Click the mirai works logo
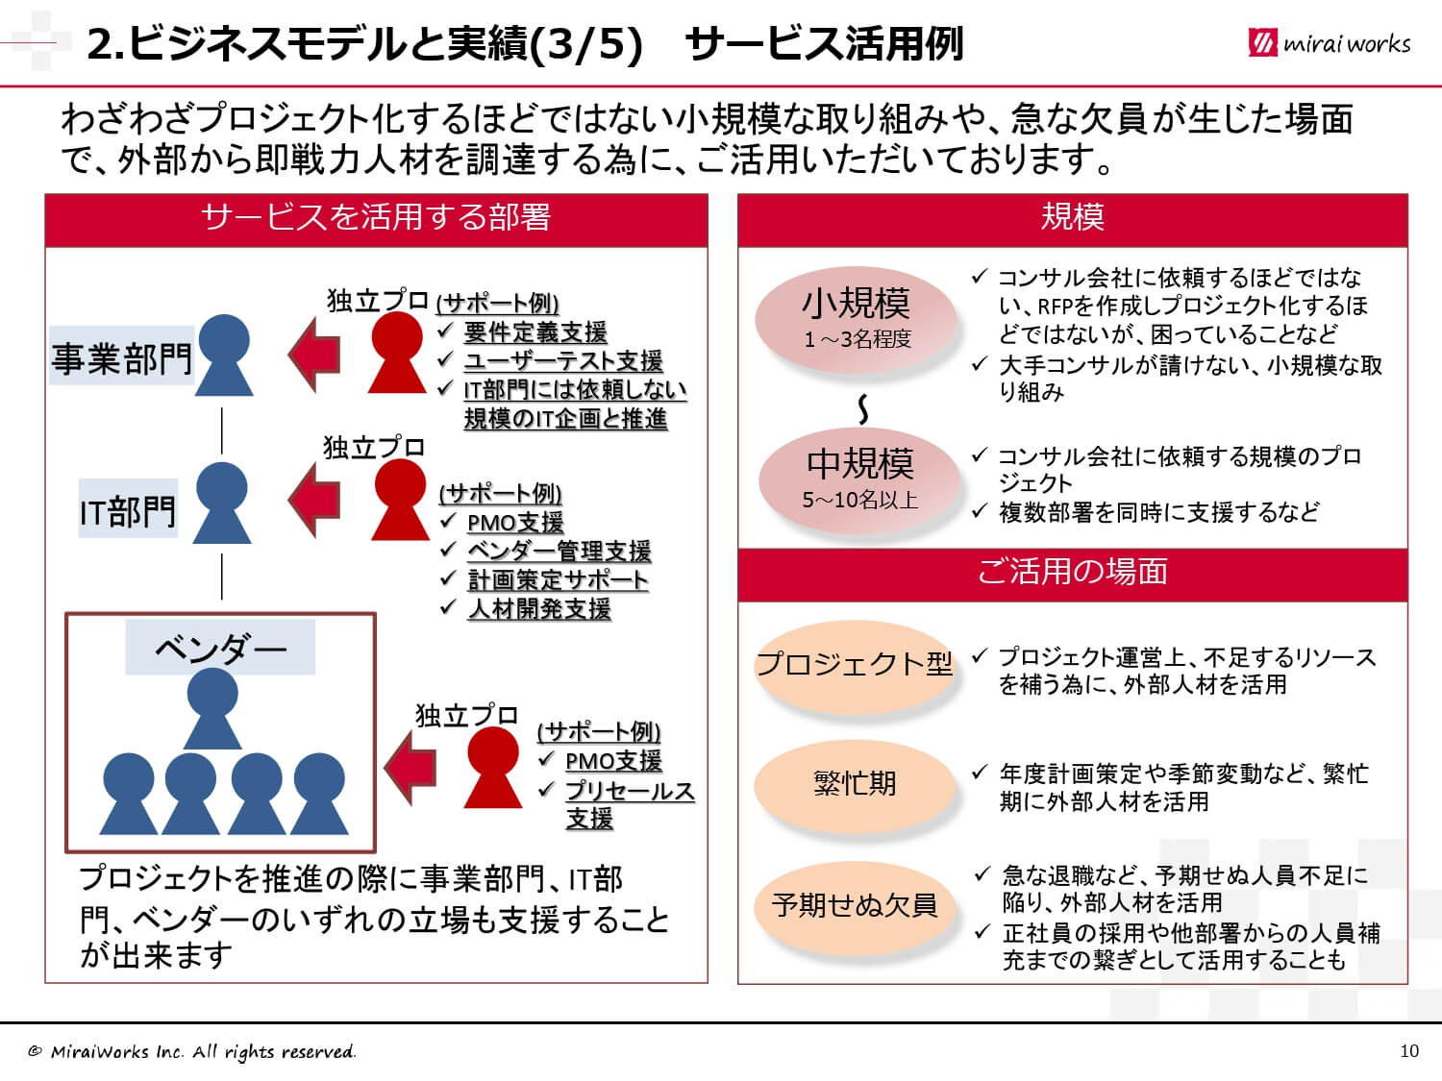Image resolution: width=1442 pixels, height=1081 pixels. pos(1329,42)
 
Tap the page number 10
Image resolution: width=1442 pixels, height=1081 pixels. pos(1409,1051)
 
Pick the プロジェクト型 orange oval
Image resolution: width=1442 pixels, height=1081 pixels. pos(854,665)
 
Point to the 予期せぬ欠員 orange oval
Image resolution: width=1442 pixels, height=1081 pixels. pos(854,906)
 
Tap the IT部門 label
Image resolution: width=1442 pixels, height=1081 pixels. pos(128,508)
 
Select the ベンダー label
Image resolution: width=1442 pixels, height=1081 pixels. pos(220,647)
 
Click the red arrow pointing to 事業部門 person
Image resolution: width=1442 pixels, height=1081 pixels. pos(314,355)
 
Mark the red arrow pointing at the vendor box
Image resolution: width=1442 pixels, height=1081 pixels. pos(410,767)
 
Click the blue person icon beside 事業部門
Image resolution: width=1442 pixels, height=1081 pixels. pos(224,355)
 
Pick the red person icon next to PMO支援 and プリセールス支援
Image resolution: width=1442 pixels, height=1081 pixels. pos(493,767)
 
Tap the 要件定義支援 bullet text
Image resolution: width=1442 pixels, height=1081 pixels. pos(535,332)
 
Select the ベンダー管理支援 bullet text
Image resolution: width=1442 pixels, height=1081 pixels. pos(559,551)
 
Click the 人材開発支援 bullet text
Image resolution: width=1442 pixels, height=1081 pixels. pos(539,608)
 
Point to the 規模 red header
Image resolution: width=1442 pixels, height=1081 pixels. pos(1072,220)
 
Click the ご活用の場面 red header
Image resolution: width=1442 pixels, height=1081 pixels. pos(1072,575)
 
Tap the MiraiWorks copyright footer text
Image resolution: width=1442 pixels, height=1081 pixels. pos(191,1051)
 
